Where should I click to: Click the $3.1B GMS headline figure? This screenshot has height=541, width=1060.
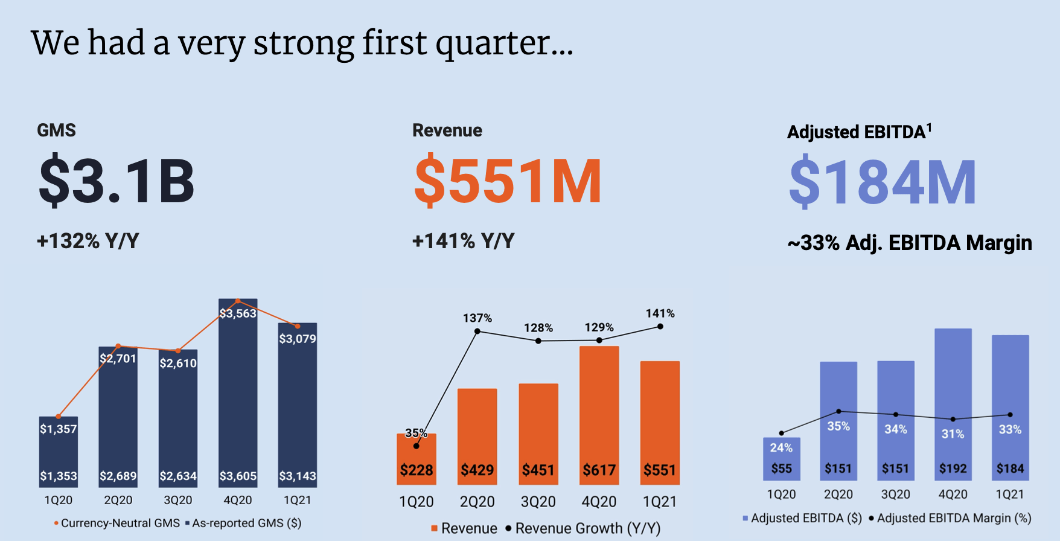pos(117,181)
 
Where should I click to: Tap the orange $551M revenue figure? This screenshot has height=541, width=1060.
pos(508,181)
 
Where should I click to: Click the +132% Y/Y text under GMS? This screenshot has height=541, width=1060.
pos(88,241)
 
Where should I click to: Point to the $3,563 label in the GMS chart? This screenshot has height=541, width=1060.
pos(238,313)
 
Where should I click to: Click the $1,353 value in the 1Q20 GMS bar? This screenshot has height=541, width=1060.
pos(59,476)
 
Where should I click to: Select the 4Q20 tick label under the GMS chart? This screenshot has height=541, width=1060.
pos(238,500)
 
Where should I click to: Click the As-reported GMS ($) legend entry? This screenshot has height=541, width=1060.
pos(246,523)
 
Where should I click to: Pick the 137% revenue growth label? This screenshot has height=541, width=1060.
pos(477,318)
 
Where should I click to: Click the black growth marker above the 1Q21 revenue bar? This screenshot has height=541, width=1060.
pos(660,327)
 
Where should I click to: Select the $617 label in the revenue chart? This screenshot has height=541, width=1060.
pos(599,470)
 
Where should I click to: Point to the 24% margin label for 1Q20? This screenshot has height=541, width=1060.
pos(781,447)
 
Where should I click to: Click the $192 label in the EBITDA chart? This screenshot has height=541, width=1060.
pos(953,469)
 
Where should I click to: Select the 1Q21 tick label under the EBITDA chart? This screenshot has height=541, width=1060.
pos(1010,494)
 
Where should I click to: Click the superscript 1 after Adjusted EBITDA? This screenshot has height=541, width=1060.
pos(930,127)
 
